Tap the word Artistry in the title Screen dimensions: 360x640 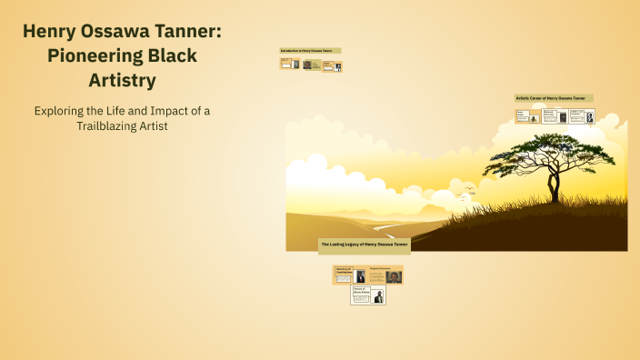tap(121, 80)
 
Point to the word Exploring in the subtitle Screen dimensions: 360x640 tap(65, 110)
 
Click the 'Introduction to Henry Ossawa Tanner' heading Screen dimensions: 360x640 tap(310, 50)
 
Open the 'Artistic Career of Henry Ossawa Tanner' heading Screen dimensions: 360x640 tap(555, 98)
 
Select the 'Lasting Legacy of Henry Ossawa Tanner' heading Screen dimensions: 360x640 tap(365, 245)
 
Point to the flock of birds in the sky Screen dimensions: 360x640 tap(468, 191)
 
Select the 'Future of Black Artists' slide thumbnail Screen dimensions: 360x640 tap(368, 295)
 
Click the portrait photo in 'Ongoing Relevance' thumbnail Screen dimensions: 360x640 tap(394, 276)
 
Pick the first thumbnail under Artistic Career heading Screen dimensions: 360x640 tap(528, 116)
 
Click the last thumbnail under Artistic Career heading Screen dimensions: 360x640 tap(583, 116)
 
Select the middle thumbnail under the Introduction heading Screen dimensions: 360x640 tap(312, 65)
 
